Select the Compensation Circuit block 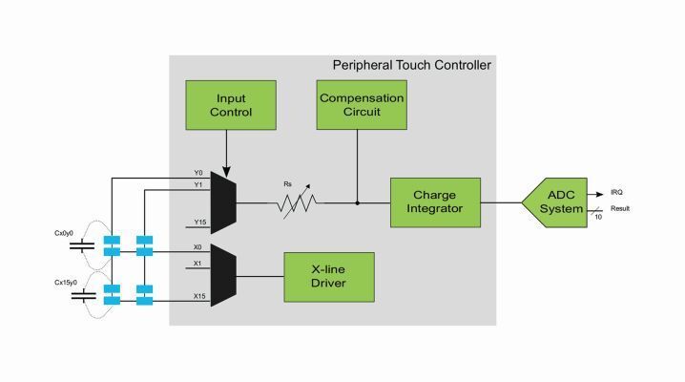pyautogui.click(x=362, y=105)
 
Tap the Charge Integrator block pyautogui.click(x=435, y=202)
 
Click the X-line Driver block pyautogui.click(x=329, y=277)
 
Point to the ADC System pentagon pyautogui.click(x=556, y=202)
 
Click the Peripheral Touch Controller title pyautogui.click(x=411, y=65)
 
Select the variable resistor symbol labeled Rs pyautogui.click(x=296, y=202)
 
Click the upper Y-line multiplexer pyautogui.click(x=223, y=202)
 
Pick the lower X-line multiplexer pyautogui.click(x=223, y=275)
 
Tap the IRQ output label pyautogui.click(x=617, y=193)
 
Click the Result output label pyautogui.click(x=620, y=209)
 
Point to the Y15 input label pyautogui.click(x=199, y=223)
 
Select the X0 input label pyautogui.click(x=198, y=246)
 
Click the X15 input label pyautogui.click(x=199, y=296)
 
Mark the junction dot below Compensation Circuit pyautogui.click(x=357, y=202)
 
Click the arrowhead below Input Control pyautogui.click(x=227, y=163)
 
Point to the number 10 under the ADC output pyautogui.click(x=597, y=218)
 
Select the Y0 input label pyautogui.click(x=198, y=173)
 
